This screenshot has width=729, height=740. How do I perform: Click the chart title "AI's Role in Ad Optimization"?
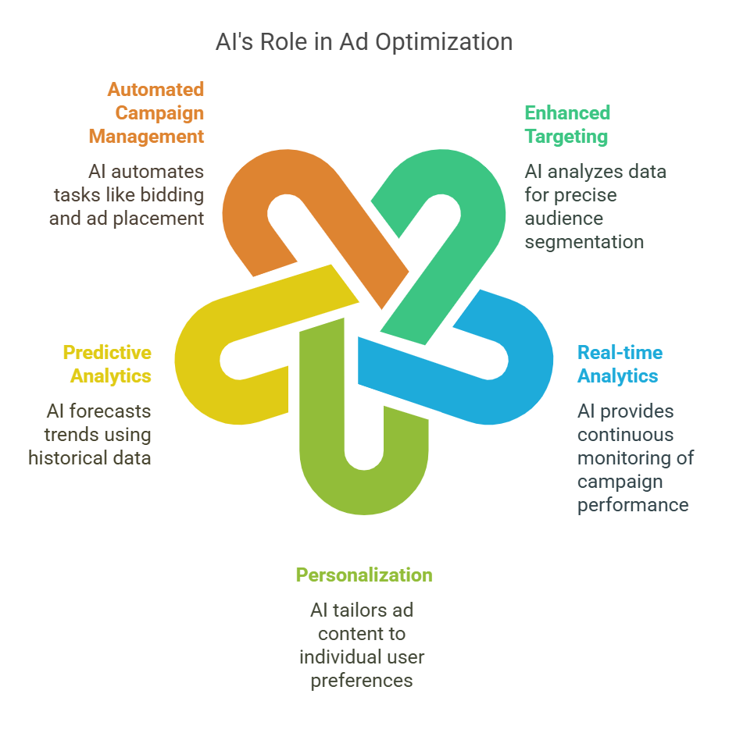point(364,42)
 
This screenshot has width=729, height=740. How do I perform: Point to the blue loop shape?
point(516,375)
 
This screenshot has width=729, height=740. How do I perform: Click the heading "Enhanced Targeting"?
point(566,124)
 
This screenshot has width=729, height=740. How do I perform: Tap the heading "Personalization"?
point(364,575)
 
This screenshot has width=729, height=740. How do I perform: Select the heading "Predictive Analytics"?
point(107,365)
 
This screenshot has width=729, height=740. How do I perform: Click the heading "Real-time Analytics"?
point(620,365)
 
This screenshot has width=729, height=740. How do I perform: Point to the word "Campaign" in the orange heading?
point(159,113)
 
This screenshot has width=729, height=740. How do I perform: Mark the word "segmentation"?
point(584,242)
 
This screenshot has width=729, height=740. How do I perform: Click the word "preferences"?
point(362,681)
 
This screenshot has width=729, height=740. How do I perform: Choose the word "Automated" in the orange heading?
point(155,90)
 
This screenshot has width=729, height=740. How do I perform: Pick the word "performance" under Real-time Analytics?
point(633,505)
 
